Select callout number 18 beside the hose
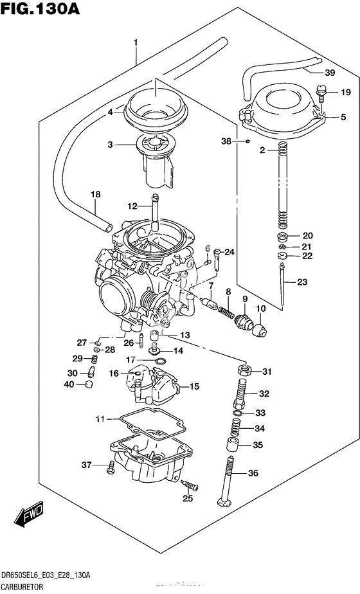click(x=95, y=194)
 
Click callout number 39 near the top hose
click(x=329, y=72)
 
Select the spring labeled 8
click(x=226, y=311)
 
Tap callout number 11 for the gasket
click(x=100, y=419)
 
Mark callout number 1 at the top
click(x=136, y=42)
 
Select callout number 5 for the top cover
click(x=343, y=117)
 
